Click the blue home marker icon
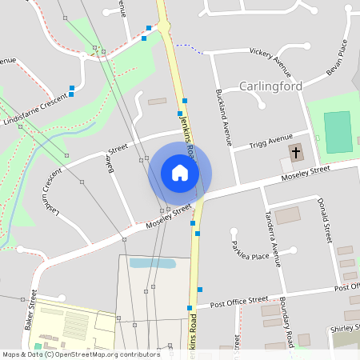click(x=180, y=173)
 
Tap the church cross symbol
click(x=296, y=152)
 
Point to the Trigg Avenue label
click(x=270, y=142)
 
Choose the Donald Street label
click(x=324, y=220)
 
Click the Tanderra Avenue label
click(x=272, y=237)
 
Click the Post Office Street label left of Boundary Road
click(x=238, y=302)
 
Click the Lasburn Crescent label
click(x=52, y=192)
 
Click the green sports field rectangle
click(x=338, y=132)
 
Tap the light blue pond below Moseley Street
click(x=152, y=262)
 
